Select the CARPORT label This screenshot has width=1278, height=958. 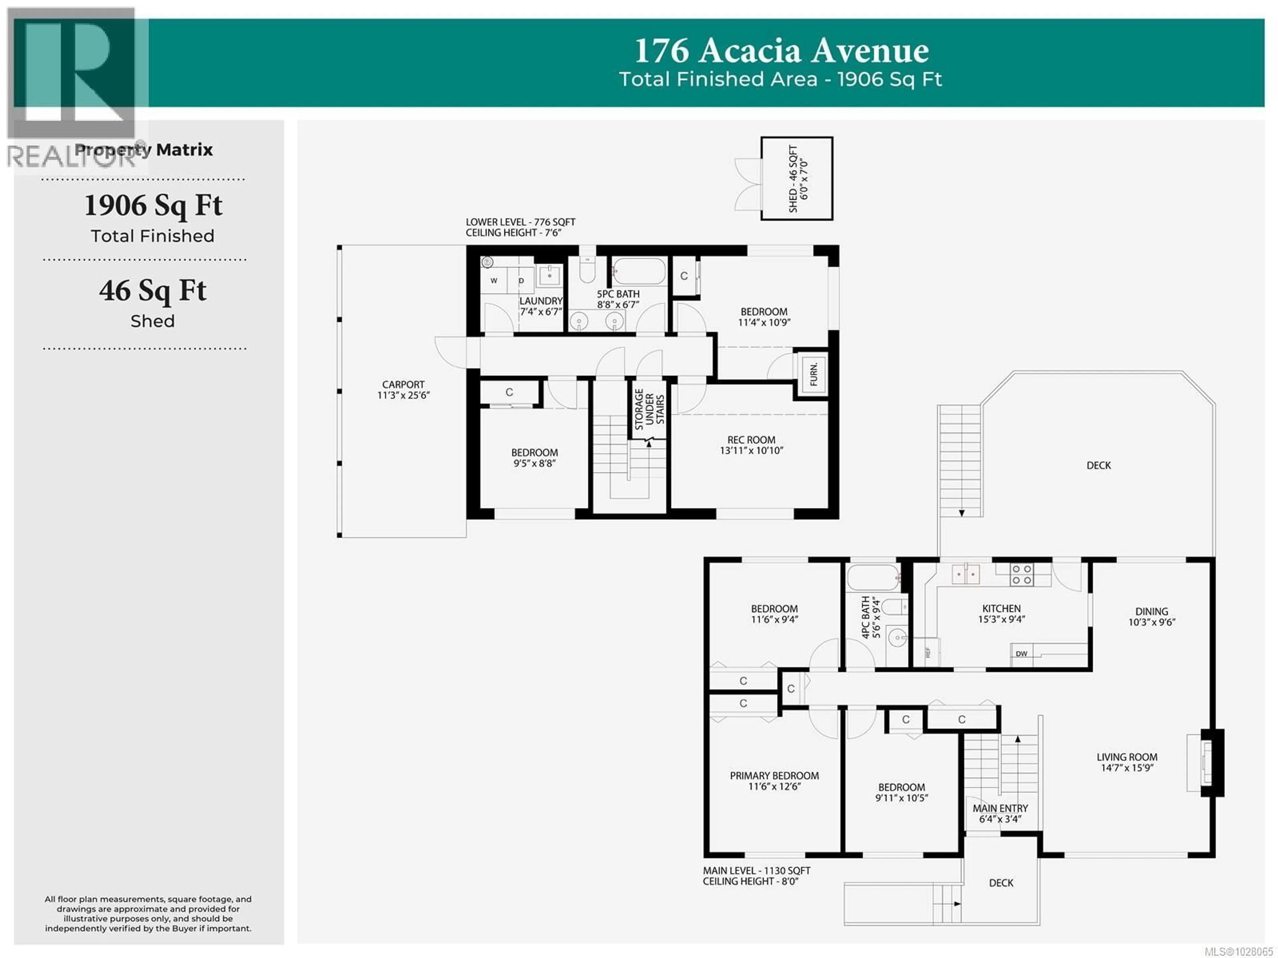pos(403,385)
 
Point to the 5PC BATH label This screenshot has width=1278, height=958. pos(618,294)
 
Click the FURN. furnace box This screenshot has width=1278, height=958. pos(813,374)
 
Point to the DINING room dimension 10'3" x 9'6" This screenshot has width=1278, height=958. pos(1152,622)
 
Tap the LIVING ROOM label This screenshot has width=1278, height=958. pos(1127,757)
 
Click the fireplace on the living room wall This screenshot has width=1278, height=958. pos(1207,763)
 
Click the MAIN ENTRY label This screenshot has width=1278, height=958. pos(1000,808)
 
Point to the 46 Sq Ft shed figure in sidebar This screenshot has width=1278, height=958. pos(152,291)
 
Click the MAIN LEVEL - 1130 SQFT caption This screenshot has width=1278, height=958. pos(756,871)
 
